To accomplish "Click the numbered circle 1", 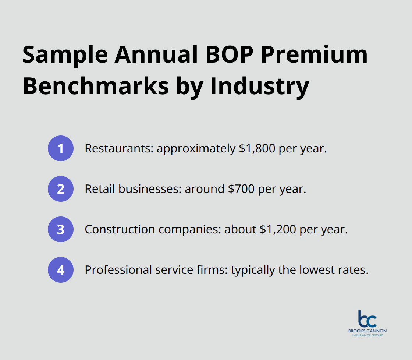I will coord(61,148).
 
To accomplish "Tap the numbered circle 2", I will coord(61,189).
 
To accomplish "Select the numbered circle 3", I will coord(61,229).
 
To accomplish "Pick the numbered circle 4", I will coord(61,270).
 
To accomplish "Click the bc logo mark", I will coord(367,319).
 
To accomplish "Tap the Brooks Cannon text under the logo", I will coord(367,331).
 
